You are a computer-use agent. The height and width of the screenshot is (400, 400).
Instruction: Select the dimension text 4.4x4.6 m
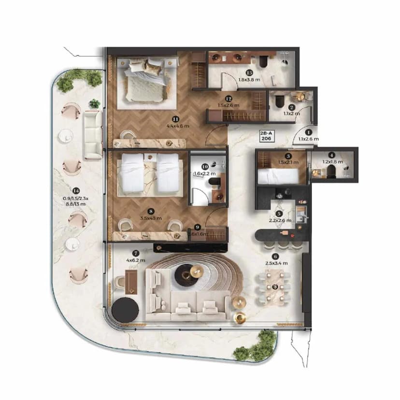pyautogui.click(x=179, y=126)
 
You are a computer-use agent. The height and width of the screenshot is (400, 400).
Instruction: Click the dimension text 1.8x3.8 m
pyautogui.click(x=249, y=81)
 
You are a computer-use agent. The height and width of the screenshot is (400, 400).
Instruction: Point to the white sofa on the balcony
pyautogui.click(x=92, y=135)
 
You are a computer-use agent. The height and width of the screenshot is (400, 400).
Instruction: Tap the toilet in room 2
pyautogui.click(x=280, y=101)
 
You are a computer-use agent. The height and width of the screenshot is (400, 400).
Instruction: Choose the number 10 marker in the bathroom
pyautogui.click(x=205, y=166)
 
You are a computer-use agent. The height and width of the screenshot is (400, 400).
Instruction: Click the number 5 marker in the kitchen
pyautogui.click(x=279, y=214)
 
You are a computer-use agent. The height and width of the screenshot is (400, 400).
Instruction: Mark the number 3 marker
pyautogui.click(x=288, y=156)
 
